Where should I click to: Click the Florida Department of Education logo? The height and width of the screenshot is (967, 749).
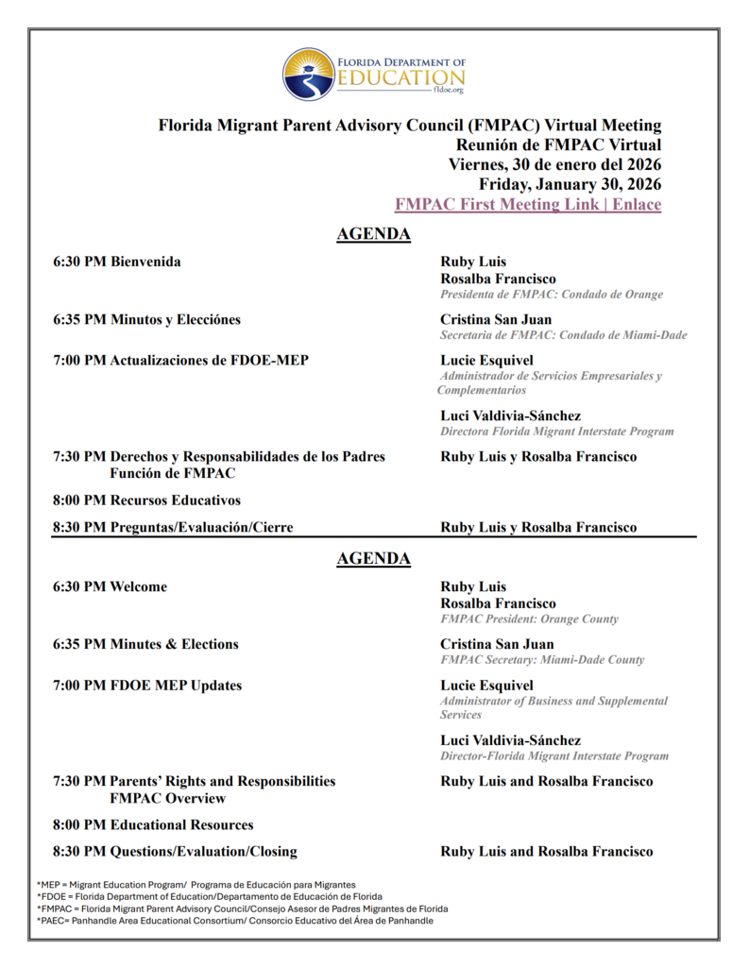[x=373, y=75]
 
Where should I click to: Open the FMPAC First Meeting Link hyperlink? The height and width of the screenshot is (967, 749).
[x=527, y=204]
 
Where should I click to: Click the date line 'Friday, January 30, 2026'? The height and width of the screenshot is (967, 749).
[x=570, y=184]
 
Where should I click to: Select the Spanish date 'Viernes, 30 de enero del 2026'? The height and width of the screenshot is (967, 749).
[x=554, y=164]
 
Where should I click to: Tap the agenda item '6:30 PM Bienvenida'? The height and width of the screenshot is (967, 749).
[x=117, y=262]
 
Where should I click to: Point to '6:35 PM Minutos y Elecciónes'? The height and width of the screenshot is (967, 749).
[x=146, y=319]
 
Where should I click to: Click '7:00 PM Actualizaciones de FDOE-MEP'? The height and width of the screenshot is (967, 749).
[x=180, y=360]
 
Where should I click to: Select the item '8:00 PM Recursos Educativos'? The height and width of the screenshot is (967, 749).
[x=146, y=500]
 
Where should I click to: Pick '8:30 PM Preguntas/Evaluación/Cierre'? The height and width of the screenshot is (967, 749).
[x=173, y=527]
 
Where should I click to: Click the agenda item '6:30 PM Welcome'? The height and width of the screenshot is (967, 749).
[x=110, y=586]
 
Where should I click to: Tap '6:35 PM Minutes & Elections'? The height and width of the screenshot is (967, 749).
[x=145, y=644]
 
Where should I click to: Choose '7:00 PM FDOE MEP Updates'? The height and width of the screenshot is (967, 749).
[x=147, y=685]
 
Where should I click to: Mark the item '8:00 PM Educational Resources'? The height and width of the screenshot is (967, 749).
[x=153, y=824]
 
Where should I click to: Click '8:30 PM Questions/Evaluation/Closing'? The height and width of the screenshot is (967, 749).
[x=175, y=851]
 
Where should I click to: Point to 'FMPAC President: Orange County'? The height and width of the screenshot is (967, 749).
[x=529, y=619]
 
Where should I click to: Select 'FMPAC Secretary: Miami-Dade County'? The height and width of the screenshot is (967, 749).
[x=542, y=660]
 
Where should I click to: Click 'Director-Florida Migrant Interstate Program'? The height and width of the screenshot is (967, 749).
[x=553, y=756]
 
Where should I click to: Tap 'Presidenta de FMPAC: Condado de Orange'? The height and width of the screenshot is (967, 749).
[x=551, y=295]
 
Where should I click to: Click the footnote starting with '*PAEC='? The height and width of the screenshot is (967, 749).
[x=235, y=921]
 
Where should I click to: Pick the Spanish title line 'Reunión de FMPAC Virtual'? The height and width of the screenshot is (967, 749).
[x=558, y=144]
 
